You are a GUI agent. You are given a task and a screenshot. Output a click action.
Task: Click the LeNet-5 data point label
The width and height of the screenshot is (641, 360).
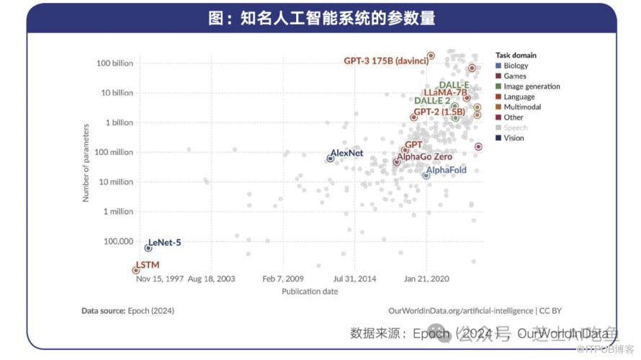click(x=164, y=243)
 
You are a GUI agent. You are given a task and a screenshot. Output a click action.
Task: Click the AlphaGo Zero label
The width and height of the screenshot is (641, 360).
click(x=425, y=156)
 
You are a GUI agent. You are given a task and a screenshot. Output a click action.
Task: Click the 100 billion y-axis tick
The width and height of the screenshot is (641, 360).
click(x=115, y=63)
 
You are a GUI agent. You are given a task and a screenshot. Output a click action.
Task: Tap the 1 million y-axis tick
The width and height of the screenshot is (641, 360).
click(x=118, y=212)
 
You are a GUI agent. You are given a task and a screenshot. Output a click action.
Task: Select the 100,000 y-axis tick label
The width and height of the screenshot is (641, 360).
click(x=117, y=241)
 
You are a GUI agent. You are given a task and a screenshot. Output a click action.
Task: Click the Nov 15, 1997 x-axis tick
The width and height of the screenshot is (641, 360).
click(x=159, y=278)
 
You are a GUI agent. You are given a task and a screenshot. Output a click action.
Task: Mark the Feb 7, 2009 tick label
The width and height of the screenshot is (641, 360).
click(x=282, y=278)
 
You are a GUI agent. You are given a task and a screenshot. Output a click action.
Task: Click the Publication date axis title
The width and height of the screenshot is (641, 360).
click(x=310, y=292)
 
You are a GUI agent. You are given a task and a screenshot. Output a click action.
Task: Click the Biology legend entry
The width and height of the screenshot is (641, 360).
click(x=516, y=66)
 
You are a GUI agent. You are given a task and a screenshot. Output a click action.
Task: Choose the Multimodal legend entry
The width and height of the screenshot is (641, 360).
click(x=522, y=107)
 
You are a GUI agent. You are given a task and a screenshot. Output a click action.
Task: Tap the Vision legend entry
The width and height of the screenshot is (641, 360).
click(x=514, y=138)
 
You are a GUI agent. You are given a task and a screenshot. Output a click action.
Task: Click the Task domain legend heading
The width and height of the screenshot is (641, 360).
click(x=516, y=55)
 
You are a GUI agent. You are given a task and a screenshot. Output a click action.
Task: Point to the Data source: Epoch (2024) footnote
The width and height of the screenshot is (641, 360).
click(x=127, y=311)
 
